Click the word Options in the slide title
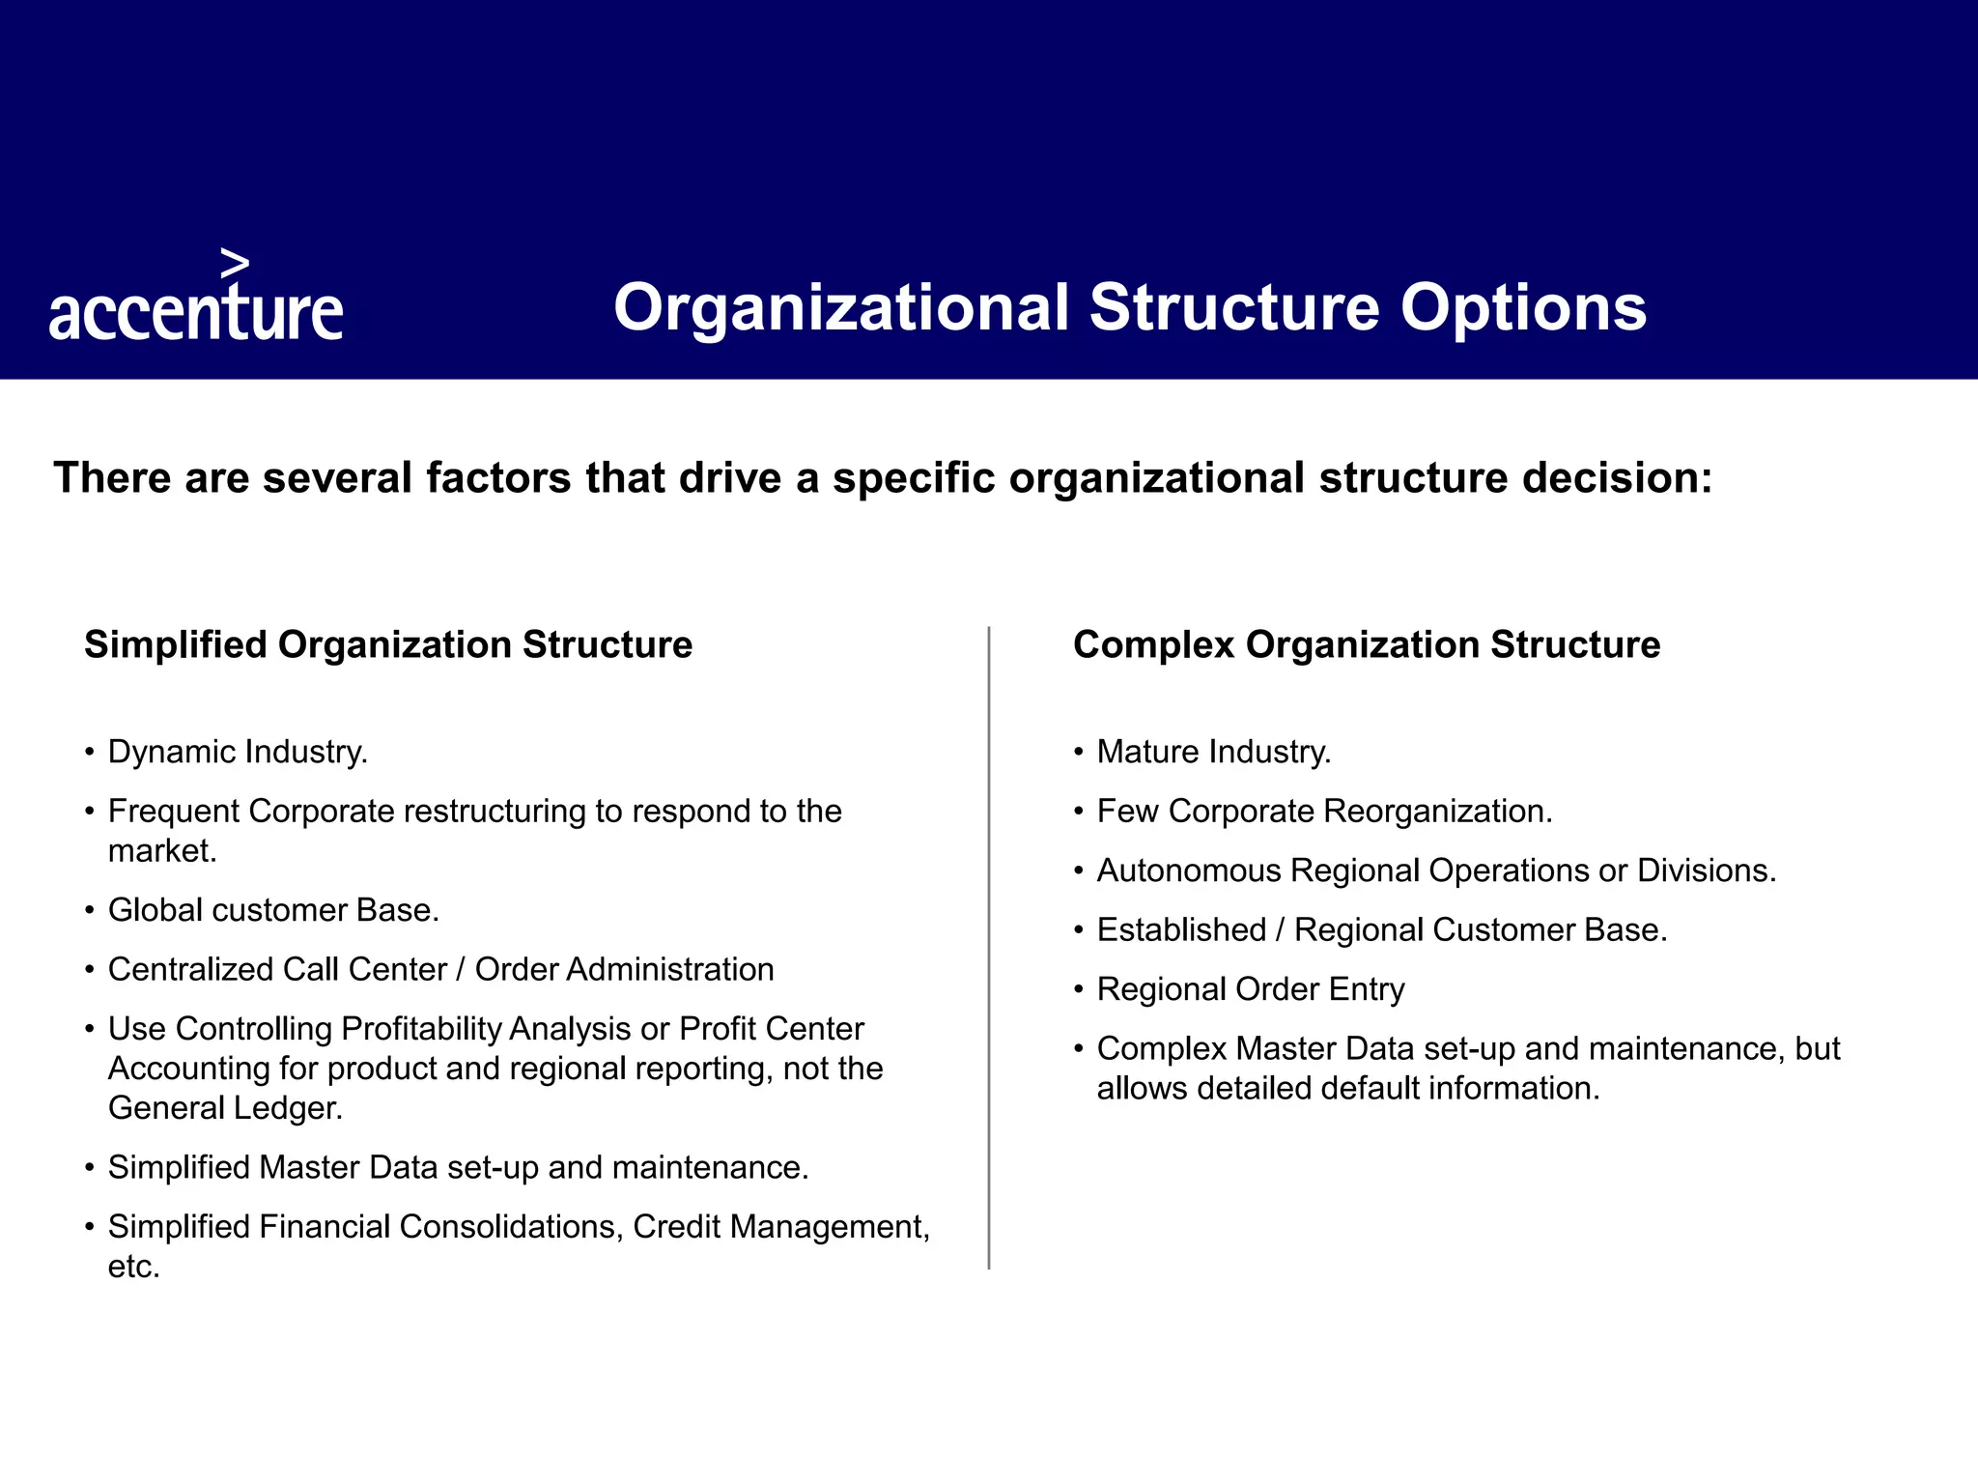pos(1523,308)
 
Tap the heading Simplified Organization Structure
pos(388,644)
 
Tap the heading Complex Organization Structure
pos(1366,644)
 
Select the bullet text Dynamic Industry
pos(238,752)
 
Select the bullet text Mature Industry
pos(1213,752)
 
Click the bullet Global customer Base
pos(273,910)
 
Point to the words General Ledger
pos(225,1108)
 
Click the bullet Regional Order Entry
pos(1250,989)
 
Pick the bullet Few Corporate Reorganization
pos(1324,812)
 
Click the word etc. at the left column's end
pos(133,1267)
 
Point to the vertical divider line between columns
pos(989,947)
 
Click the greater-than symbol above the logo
pos(235,263)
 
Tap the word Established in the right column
pos(1180,930)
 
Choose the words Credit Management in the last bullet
pos(780,1227)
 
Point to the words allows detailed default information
pos(1347,1089)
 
